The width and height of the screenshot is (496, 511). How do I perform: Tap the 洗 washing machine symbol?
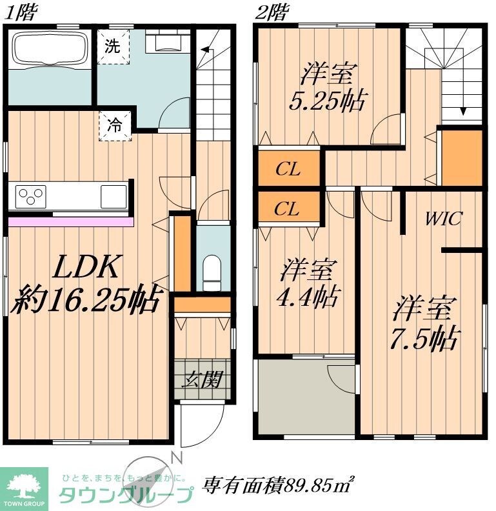click(x=114, y=46)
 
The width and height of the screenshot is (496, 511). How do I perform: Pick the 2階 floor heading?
click(x=271, y=13)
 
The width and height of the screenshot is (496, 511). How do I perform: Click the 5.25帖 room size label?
click(x=327, y=101)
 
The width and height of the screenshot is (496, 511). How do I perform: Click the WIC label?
click(x=443, y=219)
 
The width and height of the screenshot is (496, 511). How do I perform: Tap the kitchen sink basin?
click(x=114, y=194)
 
